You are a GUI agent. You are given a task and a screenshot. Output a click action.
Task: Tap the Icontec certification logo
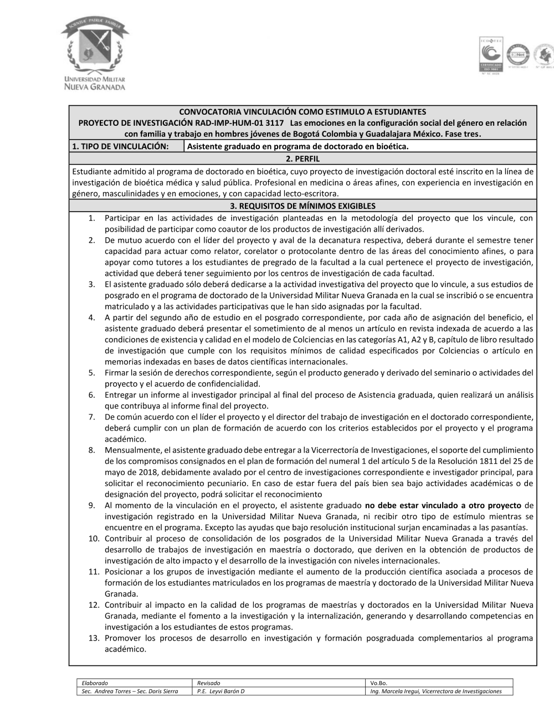click(490, 54)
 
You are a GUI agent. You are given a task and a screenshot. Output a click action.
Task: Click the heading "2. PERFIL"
click(302, 158)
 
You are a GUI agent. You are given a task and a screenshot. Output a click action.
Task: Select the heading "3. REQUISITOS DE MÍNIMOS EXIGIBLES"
click(302, 206)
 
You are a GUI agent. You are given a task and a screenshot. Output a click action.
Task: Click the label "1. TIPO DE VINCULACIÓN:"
click(120, 146)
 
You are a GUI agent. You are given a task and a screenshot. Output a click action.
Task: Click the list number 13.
click(94, 638)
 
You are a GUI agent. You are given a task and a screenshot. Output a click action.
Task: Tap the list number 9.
click(92, 505)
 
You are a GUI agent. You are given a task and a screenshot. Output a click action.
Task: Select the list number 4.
click(92, 317)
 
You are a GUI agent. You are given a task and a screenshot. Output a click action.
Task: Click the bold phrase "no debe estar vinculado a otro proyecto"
click(443, 505)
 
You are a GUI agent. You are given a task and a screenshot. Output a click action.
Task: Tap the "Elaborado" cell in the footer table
click(95, 683)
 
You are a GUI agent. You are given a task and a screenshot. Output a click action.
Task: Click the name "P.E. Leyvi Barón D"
click(220, 691)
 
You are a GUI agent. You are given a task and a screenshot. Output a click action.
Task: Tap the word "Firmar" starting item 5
click(117, 373)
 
